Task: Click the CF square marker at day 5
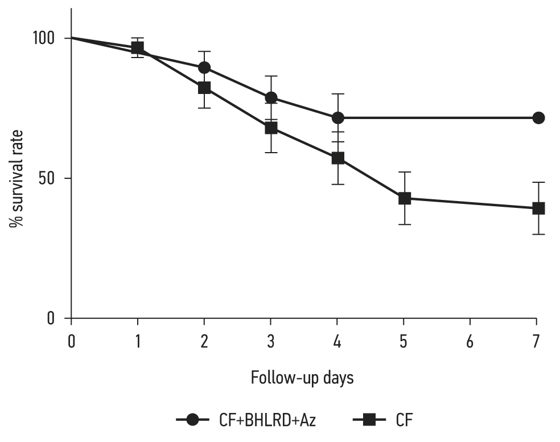(x=405, y=198)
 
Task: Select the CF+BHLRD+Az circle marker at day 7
(x=538, y=118)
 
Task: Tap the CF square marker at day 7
(x=538, y=208)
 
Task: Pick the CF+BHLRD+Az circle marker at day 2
(x=204, y=68)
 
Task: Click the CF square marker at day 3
(x=271, y=128)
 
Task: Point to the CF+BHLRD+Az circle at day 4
(x=338, y=118)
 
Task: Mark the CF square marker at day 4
(x=338, y=158)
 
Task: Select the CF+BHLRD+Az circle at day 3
(x=271, y=97)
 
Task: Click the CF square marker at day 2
(x=204, y=88)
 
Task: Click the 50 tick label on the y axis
(x=53, y=178)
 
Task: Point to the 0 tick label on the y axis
(x=57, y=318)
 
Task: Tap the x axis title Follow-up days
(x=302, y=378)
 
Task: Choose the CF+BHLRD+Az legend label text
(x=267, y=421)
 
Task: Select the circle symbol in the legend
(x=193, y=421)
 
